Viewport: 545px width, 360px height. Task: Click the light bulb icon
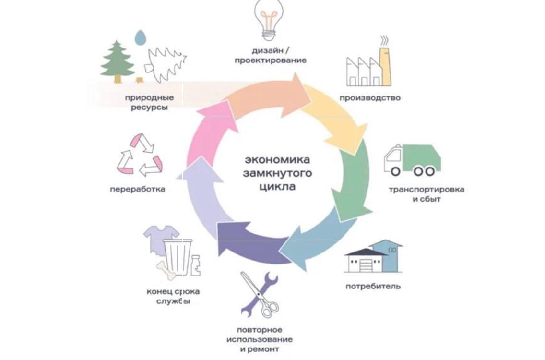tap(270, 19)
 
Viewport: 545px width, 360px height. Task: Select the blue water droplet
tap(140, 38)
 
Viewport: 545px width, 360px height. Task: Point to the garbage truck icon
tap(411, 160)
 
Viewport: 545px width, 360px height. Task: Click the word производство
tap(369, 98)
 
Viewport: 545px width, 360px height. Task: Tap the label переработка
tap(137, 189)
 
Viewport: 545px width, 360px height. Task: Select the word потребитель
tap(373, 287)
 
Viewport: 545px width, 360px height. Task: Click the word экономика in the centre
tap(277, 159)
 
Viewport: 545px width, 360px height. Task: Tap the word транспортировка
tap(426, 189)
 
